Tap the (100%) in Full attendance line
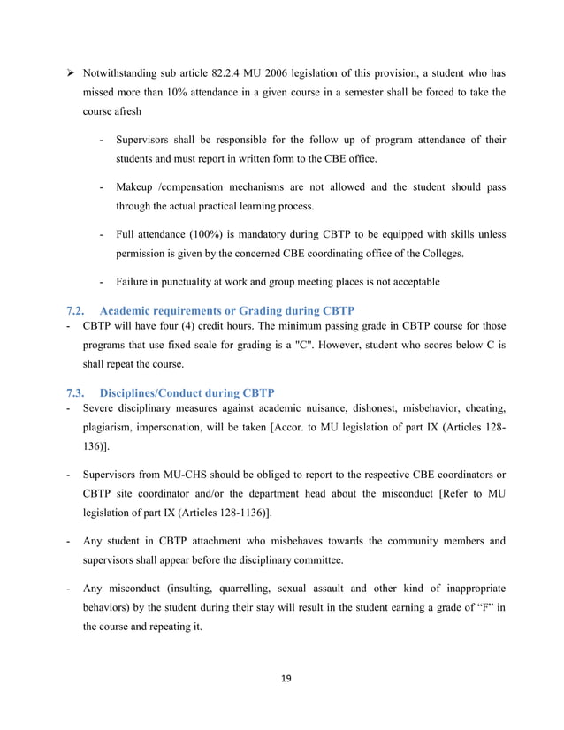point(208,235)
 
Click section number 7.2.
point(76,311)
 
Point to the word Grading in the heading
point(266,311)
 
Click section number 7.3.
point(76,392)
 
